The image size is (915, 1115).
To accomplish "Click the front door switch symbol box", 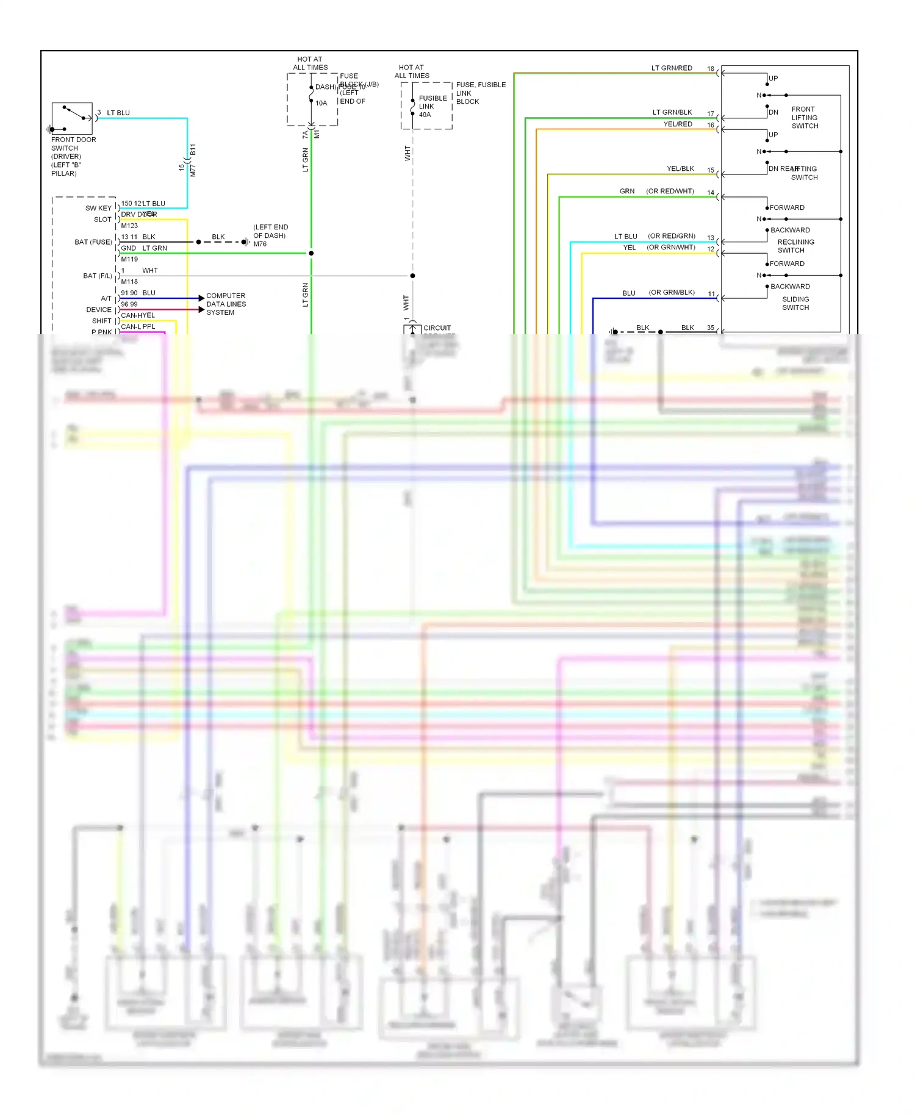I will [x=72, y=118].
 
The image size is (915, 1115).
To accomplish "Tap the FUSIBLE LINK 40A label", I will [x=432, y=106].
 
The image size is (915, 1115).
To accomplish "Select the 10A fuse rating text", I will [x=321, y=103].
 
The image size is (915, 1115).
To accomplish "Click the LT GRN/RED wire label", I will [x=671, y=68].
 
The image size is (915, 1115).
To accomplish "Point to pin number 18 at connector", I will [x=710, y=68].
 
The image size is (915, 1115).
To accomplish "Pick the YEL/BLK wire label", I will [x=680, y=169].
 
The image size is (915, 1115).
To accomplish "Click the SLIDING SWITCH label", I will [x=795, y=303].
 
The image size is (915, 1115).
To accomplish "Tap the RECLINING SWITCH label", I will [x=795, y=246].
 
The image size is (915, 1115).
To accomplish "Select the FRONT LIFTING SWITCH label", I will [x=804, y=117].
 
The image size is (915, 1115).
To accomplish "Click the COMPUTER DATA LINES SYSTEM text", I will [x=226, y=304].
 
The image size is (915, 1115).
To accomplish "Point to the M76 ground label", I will [x=260, y=244].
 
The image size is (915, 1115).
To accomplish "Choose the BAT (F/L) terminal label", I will [x=98, y=276].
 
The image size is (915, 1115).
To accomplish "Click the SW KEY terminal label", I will [x=98, y=208].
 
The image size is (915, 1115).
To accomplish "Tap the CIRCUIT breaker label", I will [x=437, y=328].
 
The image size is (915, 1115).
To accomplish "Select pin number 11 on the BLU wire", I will [x=711, y=294].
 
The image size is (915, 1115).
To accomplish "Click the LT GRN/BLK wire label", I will [x=672, y=112].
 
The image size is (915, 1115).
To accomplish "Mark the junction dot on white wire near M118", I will [x=412, y=276].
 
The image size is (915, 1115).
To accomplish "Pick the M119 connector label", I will [x=129, y=259].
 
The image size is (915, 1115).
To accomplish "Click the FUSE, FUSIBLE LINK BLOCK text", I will [x=480, y=93].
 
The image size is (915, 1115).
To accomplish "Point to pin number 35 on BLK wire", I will [x=710, y=328].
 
